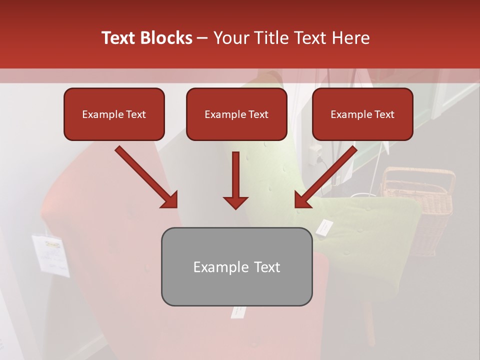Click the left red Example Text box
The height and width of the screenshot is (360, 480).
[114, 114]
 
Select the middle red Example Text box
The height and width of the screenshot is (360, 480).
[236, 114]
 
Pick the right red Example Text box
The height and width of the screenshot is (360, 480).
[362, 114]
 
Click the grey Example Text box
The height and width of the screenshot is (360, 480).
[236, 267]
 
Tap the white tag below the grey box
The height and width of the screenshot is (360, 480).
[238, 312]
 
